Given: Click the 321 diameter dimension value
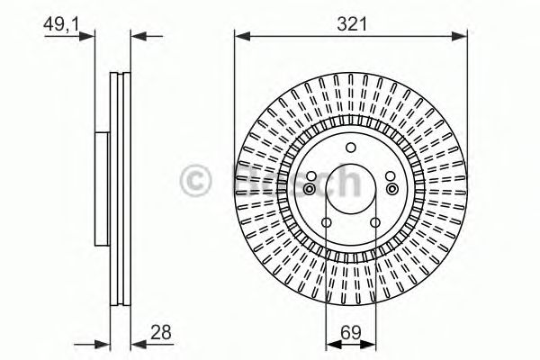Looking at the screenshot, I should tap(351, 24).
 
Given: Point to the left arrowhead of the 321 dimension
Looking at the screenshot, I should tap(240, 36).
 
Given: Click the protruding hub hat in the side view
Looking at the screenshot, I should tap(101, 189).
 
